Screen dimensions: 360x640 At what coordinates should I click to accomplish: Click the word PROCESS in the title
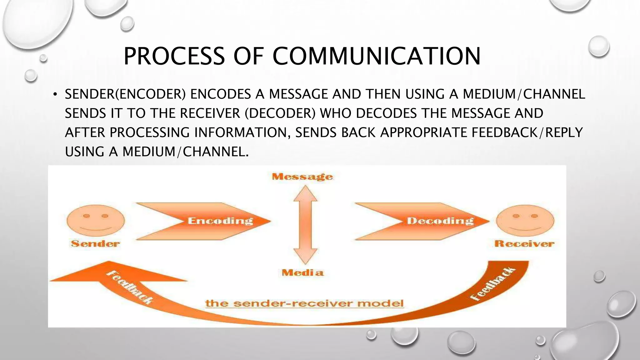(x=174, y=56)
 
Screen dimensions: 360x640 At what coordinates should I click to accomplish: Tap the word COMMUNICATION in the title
(x=377, y=56)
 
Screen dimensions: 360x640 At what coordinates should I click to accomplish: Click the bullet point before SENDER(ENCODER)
(x=55, y=94)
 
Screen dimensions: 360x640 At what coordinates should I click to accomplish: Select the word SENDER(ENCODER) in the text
(x=125, y=94)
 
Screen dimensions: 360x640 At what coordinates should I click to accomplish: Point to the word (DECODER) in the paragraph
(x=280, y=113)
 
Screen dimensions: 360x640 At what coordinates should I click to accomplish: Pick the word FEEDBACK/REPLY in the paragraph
(x=527, y=132)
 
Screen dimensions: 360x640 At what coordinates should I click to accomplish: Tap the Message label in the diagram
(x=302, y=177)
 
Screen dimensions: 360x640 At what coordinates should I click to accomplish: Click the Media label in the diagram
(x=302, y=272)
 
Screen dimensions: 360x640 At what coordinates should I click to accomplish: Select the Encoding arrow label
(x=220, y=221)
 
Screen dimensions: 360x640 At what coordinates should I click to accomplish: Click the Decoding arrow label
(x=440, y=221)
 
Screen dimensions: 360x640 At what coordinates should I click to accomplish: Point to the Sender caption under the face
(x=95, y=244)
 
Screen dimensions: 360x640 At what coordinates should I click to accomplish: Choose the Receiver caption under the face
(x=524, y=244)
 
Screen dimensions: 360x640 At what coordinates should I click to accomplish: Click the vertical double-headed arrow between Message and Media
(x=305, y=224)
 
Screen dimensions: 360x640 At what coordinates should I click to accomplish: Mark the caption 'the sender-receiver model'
(x=304, y=303)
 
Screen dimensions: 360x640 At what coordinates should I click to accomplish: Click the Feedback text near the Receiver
(x=493, y=284)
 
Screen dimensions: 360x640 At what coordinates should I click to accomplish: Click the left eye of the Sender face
(x=87, y=216)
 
